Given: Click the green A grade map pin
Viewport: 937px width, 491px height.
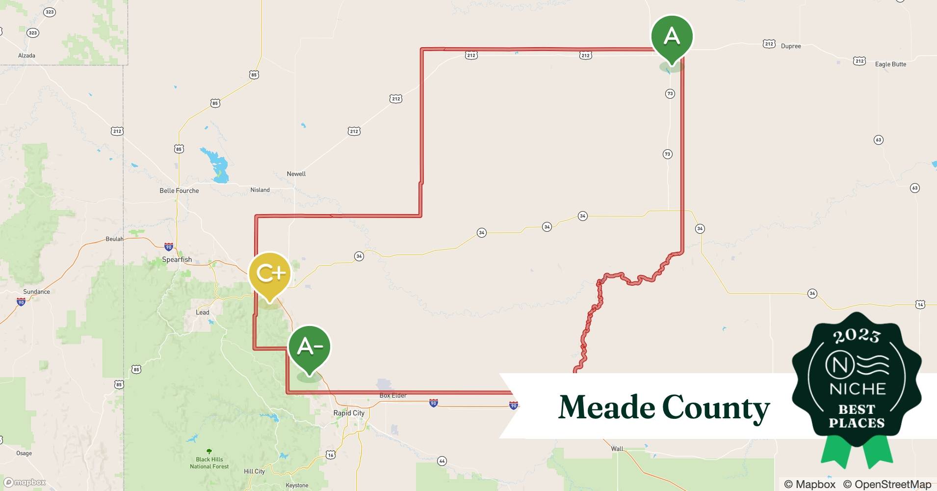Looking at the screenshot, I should click(x=672, y=37).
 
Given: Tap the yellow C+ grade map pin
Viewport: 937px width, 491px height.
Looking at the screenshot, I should click(x=269, y=274).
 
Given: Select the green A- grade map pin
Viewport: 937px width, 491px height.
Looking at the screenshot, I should click(x=309, y=347).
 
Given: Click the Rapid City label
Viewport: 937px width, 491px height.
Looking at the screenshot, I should click(x=349, y=413).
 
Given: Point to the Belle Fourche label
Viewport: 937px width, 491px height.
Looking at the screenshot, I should click(x=179, y=191).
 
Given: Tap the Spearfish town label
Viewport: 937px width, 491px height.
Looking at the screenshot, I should click(x=177, y=260).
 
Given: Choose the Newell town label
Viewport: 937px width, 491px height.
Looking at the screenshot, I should click(x=296, y=174).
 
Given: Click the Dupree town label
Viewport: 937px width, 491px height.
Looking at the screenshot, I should click(x=791, y=46).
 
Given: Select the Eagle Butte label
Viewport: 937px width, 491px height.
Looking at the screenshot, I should click(x=890, y=64).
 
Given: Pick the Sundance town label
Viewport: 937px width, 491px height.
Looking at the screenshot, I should click(x=36, y=292).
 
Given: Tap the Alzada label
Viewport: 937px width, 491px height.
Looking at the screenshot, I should click(x=26, y=55).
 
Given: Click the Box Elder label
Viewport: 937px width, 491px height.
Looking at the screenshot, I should click(x=393, y=396).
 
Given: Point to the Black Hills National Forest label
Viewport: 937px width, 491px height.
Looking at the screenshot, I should click(x=209, y=463).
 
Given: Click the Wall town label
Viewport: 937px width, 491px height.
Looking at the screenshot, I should click(x=617, y=449).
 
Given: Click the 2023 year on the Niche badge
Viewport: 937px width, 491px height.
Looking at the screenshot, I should click(x=857, y=336).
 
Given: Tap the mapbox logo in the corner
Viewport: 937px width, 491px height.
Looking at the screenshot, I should click(x=25, y=482).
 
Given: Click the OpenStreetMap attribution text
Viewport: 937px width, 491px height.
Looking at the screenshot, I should click(x=887, y=484).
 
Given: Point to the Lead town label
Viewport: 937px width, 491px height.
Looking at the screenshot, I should click(x=202, y=312).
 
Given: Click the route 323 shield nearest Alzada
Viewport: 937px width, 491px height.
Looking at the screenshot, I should click(x=32, y=33).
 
